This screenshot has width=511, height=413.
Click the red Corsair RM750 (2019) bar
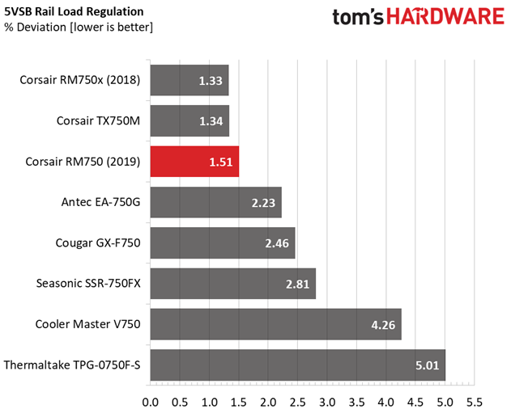point(194,162)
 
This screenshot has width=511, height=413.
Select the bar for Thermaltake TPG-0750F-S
point(298,365)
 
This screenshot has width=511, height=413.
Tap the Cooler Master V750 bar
point(276,325)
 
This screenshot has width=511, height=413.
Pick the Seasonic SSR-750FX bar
point(233,284)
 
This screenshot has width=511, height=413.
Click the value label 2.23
point(263,203)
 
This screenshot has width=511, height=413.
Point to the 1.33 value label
point(211,81)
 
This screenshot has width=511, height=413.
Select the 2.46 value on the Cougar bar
point(277,243)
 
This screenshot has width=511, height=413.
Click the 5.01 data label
point(428,365)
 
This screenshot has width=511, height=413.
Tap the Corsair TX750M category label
point(99,120)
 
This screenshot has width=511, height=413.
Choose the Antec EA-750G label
point(101,202)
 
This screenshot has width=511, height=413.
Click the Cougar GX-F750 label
point(98,243)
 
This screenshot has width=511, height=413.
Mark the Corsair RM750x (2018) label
point(80,80)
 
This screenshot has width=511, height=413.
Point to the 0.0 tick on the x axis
point(151,402)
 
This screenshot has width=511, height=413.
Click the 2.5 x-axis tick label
point(297,402)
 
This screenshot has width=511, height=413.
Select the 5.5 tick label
point(475,402)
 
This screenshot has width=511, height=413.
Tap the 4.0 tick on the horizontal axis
point(385,402)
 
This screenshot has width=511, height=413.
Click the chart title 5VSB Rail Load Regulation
point(74,11)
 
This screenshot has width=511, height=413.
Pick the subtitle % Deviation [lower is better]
point(79,27)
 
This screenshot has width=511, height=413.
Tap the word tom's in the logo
point(358,17)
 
